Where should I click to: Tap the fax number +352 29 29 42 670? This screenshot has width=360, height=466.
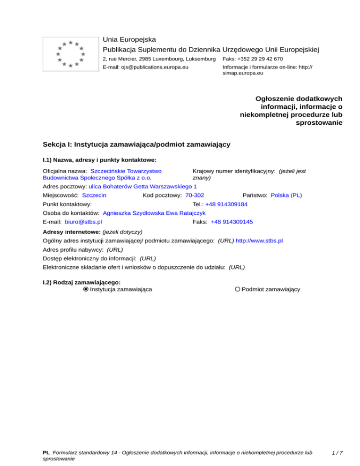259,59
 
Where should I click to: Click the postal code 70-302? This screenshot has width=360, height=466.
195,195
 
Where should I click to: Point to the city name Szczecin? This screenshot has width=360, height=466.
94,195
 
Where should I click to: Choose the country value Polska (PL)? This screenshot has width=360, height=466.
286,195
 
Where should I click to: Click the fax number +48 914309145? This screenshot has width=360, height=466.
232,222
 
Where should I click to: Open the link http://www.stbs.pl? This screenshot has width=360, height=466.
259,241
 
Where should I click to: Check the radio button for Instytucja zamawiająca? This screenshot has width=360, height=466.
86,289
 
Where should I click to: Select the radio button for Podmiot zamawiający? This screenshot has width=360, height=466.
238,289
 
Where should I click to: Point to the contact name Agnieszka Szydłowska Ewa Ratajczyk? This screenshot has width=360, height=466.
154,213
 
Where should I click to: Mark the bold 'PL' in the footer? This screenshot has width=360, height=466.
46,453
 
